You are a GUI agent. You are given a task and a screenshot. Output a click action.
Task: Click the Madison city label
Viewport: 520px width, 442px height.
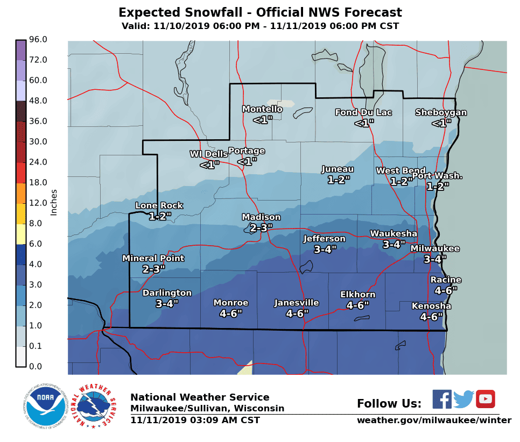click(261, 217)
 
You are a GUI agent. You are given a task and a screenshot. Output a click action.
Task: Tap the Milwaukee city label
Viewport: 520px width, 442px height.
click(435, 248)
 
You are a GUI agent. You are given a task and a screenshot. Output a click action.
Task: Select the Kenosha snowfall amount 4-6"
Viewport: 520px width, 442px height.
click(431, 317)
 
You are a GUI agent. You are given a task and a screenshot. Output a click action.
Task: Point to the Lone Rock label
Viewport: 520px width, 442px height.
click(159, 205)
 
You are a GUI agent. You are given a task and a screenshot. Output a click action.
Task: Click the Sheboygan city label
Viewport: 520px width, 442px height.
click(441, 112)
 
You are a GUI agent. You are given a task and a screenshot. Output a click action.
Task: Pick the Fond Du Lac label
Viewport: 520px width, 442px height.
click(363, 112)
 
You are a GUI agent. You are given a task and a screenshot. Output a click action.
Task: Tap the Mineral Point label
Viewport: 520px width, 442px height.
click(153, 258)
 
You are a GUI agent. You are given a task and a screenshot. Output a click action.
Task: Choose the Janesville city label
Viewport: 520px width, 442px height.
click(297, 303)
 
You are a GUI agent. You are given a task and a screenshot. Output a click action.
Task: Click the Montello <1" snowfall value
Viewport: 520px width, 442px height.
click(263, 120)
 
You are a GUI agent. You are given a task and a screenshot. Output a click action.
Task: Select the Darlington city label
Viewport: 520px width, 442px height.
click(167, 293)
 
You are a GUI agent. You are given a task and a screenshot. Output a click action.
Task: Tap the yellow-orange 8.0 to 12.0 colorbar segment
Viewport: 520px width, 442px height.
click(21, 213)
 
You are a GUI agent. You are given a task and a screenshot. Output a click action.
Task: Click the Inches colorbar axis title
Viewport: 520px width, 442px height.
click(54, 202)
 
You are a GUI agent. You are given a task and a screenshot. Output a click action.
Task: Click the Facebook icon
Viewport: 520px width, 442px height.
click(442, 399)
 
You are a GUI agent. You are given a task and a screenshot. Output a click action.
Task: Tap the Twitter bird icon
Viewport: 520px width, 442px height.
click(463, 399)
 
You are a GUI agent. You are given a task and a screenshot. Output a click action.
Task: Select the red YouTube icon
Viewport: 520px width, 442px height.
click(485, 399)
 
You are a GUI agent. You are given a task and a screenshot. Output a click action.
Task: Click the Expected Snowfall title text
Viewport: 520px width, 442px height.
click(260, 12)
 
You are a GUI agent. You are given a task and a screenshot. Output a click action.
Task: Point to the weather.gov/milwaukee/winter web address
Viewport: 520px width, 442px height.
click(434, 420)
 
